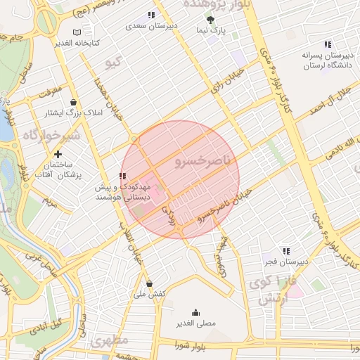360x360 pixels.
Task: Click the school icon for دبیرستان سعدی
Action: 150,15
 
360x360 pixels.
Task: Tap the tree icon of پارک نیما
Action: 211,20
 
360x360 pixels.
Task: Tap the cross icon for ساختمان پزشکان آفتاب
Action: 58,154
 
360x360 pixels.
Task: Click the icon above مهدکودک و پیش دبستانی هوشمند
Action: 122,176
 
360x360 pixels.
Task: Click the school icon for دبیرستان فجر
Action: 285,250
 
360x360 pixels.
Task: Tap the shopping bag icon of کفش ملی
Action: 148,283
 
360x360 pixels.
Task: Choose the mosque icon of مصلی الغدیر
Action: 195,312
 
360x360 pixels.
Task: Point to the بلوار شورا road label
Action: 189,345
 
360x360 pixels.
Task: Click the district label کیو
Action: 112,63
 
